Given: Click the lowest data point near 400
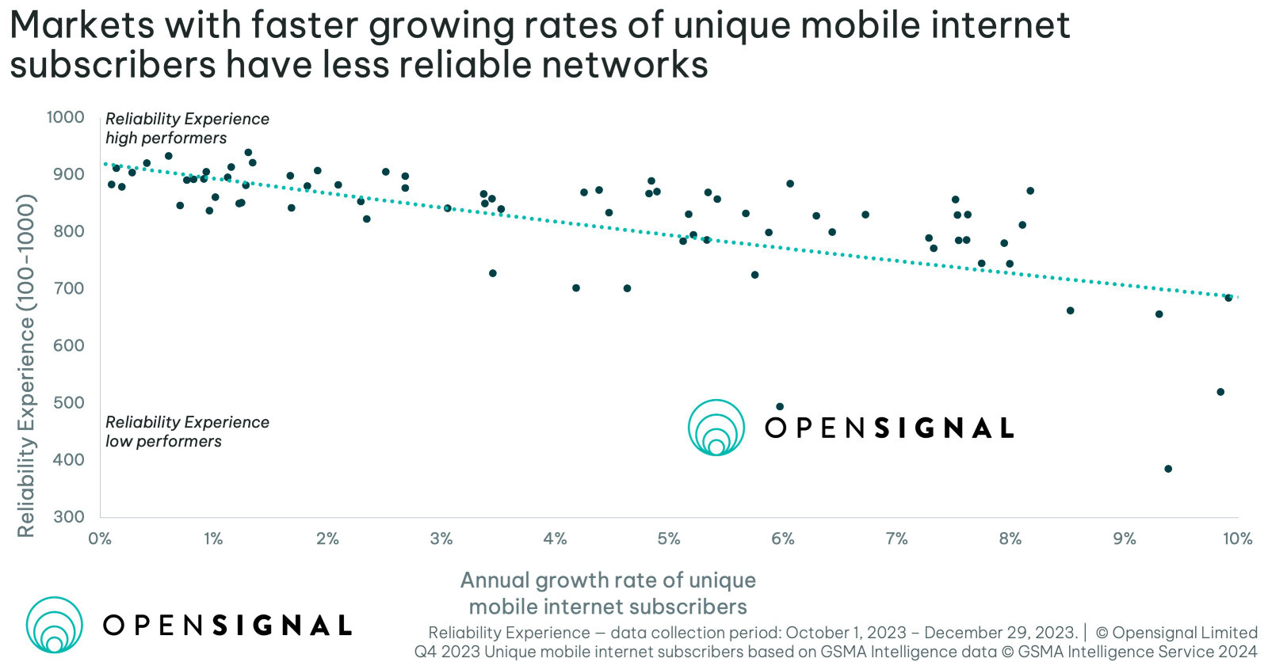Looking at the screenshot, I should [1167, 469].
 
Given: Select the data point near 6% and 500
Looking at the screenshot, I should [779, 406].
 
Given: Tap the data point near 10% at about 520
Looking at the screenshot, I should [1220, 392].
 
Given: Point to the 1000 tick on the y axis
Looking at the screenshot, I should [65, 117].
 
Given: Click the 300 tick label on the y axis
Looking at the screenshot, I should [69, 516].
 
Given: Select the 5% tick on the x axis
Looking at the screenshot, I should [668, 538].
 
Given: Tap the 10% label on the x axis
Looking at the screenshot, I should [1237, 538].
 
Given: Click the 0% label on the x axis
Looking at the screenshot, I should [100, 538].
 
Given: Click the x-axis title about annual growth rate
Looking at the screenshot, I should [608, 593].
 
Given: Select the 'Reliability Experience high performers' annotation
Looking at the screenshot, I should [187, 128].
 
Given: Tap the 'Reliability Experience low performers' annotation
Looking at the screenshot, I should [187, 432].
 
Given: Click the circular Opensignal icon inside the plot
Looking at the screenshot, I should [716, 428].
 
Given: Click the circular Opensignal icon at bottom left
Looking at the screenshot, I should [54, 625].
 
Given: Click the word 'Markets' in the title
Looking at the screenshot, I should [82, 25].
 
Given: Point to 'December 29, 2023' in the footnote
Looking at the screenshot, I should [1000, 633].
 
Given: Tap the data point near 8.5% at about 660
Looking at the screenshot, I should [1070, 310].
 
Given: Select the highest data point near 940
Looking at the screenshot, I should [248, 152].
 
